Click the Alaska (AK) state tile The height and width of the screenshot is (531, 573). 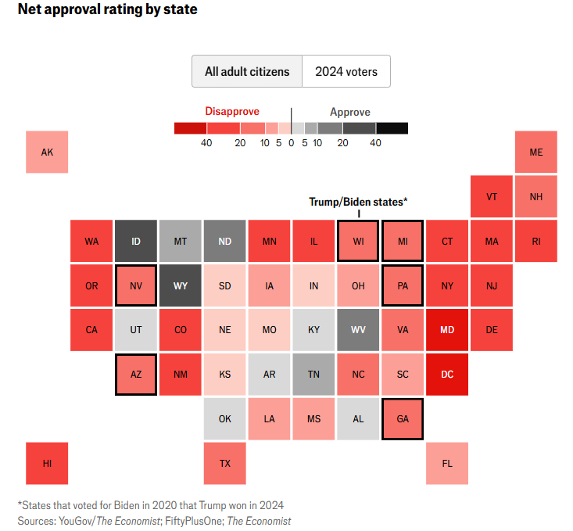pyautogui.click(x=47, y=152)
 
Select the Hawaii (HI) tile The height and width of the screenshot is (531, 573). pyautogui.click(x=47, y=463)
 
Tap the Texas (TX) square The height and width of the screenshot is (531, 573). pyautogui.click(x=225, y=463)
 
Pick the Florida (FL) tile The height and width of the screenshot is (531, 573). pyautogui.click(x=447, y=463)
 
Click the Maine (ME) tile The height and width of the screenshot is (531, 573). pyautogui.click(x=536, y=152)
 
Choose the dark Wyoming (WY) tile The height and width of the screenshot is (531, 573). pyautogui.click(x=181, y=285)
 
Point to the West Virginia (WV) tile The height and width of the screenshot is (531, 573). pyautogui.click(x=358, y=329)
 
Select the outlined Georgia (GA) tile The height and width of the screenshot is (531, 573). pyautogui.click(x=403, y=418)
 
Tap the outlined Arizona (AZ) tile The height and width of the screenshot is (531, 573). pyautogui.click(x=136, y=374)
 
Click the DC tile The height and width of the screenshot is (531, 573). pyautogui.click(x=447, y=374)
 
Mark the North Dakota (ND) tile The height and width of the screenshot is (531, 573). pyautogui.click(x=225, y=241)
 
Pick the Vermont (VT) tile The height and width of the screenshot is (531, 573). pyautogui.click(x=492, y=196)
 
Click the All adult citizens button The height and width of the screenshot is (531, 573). pyautogui.click(x=247, y=71)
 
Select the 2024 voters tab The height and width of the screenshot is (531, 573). pyautogui.click(x=346, y=71)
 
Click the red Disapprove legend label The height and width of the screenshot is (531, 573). pyautogui.click(x=232, y=112)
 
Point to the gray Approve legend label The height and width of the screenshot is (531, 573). pyautogui.click(x=350, y=112)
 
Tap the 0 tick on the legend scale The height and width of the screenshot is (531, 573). pyautogui.click(x=291, y=143)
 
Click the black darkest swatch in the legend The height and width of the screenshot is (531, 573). pyautogui.click(x=392, y=128)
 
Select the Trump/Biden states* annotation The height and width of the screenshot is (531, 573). pyautogui.click(x=358, y=201)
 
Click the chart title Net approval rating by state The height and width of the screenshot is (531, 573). pyautogui.click(x=107, y=10)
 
